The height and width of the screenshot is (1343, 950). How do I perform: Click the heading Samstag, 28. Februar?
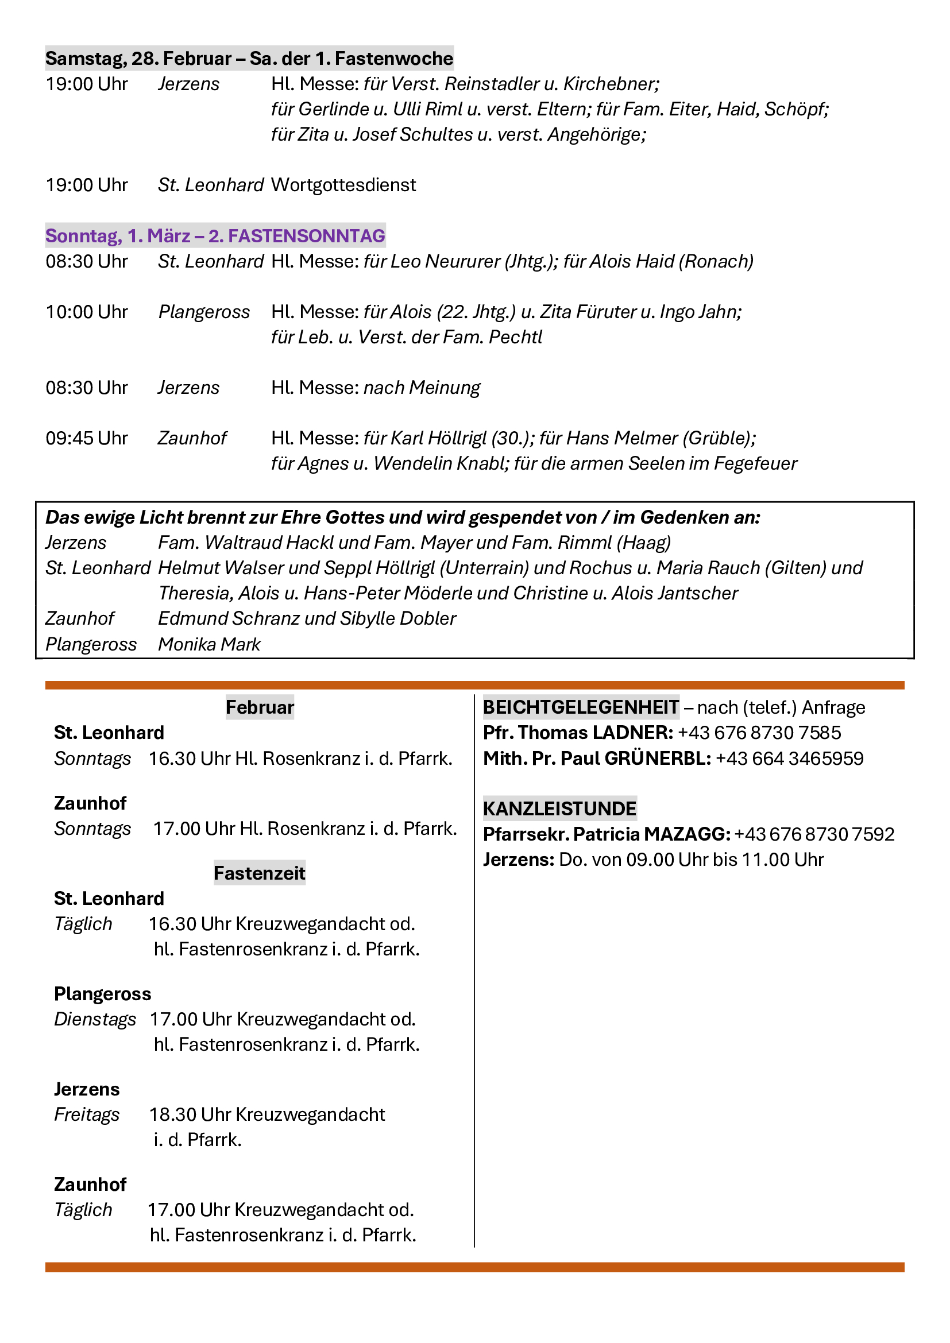pos(138,59)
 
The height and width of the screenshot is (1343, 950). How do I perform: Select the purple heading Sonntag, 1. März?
pos(118,236)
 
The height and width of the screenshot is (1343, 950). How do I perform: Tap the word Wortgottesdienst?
pos(343,185)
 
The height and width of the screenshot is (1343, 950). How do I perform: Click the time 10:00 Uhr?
pos(87,312)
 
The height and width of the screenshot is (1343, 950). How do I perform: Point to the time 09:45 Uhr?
pos(87,438)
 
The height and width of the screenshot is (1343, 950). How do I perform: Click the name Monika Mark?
pos(209,644)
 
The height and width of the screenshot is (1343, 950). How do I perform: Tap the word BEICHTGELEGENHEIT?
pos(581,707)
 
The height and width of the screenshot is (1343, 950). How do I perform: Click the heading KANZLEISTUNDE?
pos(559,808)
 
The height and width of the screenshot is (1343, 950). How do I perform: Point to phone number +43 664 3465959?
pos(789,758)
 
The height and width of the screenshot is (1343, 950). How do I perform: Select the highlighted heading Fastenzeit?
pos(259,873)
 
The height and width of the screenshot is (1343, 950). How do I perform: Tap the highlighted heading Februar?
pos(260,707)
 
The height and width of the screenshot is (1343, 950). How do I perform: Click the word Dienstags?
pos(95,1019)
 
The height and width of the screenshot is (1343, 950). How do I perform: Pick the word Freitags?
pos(87,1114)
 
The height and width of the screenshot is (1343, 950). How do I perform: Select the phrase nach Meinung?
pos(421,387)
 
